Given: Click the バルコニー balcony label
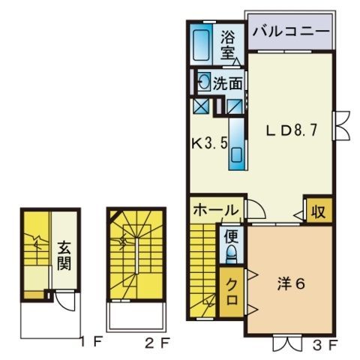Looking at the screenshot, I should click(x=290, y=31).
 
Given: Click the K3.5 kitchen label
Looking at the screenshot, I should click(x=206, y=142).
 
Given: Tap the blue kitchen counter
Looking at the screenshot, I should click(x=237, y=142).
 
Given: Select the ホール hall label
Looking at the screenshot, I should click(x=215, y=210).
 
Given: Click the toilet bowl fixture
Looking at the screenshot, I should click(x=232, y=255).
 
